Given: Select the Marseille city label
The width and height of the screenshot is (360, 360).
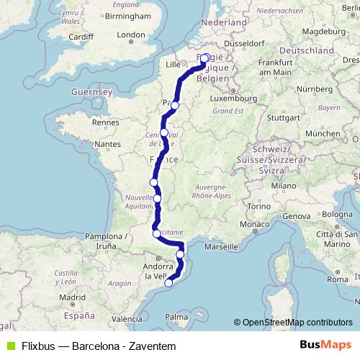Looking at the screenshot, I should [222, 247].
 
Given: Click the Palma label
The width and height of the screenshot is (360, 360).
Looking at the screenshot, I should [176, 316].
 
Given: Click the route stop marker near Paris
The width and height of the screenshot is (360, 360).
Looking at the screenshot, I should [174, 105].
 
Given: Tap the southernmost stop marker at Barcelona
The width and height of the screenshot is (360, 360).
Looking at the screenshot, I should [168, 283].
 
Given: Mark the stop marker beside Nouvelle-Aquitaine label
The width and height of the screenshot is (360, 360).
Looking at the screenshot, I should [157, 199].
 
